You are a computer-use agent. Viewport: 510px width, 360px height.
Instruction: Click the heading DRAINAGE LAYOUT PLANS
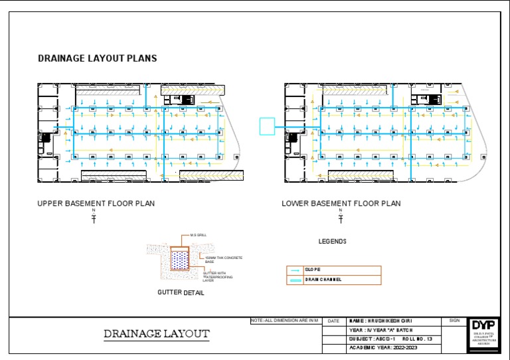point(97,58)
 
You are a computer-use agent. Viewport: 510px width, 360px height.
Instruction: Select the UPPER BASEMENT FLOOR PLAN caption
point(96,203)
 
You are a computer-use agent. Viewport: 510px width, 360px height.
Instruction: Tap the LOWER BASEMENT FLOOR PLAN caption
point(341,203)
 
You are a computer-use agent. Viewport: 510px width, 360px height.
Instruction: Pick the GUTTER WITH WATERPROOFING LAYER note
point(218,276)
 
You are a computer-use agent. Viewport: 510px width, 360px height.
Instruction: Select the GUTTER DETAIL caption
point(181,292)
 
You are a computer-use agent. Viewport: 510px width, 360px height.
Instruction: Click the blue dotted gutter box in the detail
point(180,260)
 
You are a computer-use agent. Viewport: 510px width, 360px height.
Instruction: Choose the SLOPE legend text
point(313,270)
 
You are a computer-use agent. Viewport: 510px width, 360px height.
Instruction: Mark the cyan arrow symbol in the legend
point(296,270)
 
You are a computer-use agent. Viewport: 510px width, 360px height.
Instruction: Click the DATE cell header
point(333,321)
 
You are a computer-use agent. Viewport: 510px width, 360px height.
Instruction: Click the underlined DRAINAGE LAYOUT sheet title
point(157,333)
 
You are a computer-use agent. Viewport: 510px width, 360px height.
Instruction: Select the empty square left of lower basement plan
point(266,126)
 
